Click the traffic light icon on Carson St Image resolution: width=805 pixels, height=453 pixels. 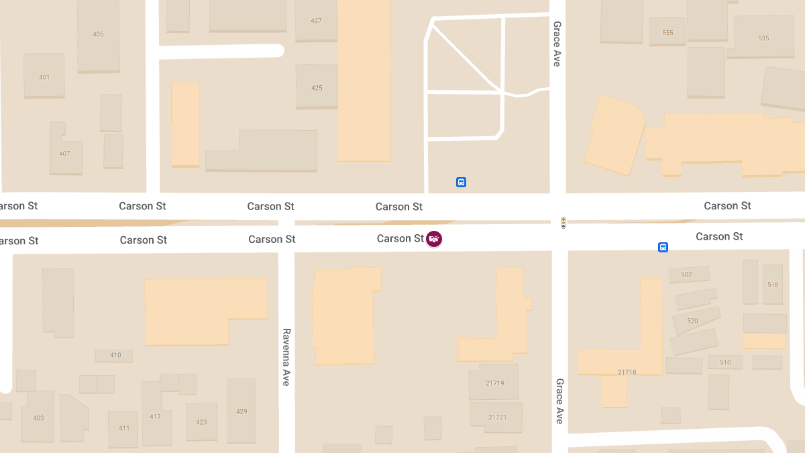tap(563, 222)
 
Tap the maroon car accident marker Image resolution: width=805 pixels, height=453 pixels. tap(435, 238)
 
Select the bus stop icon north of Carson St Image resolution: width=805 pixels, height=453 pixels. tap(461, 182)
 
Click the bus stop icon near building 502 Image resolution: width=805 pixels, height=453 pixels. tap(663, 247)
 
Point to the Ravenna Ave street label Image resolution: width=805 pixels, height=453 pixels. tap(286, 356)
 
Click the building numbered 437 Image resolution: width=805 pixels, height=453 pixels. tap(316, 21)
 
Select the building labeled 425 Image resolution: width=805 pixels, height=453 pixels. tap(317, 87)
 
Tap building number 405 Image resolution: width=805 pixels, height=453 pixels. tap(98, 34)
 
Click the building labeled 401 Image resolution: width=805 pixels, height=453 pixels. tap(44, 77)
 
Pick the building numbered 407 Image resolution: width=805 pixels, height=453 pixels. tap(65, 154)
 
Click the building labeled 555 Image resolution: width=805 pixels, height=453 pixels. tap(667, 32)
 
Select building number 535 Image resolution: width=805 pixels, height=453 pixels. tap(763, 38)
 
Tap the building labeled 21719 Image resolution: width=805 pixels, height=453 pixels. tap(494, 383)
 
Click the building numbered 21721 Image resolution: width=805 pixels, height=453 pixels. tap(496, 417)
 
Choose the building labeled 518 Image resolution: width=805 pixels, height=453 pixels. tap(773, 284)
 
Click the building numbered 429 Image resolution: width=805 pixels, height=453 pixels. tap(241, 411)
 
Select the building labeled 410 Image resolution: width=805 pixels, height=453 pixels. tap(115, 355)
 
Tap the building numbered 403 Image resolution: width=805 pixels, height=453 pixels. tap(38, 417)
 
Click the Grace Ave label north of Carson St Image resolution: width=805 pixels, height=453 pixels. tap(557, 44)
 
